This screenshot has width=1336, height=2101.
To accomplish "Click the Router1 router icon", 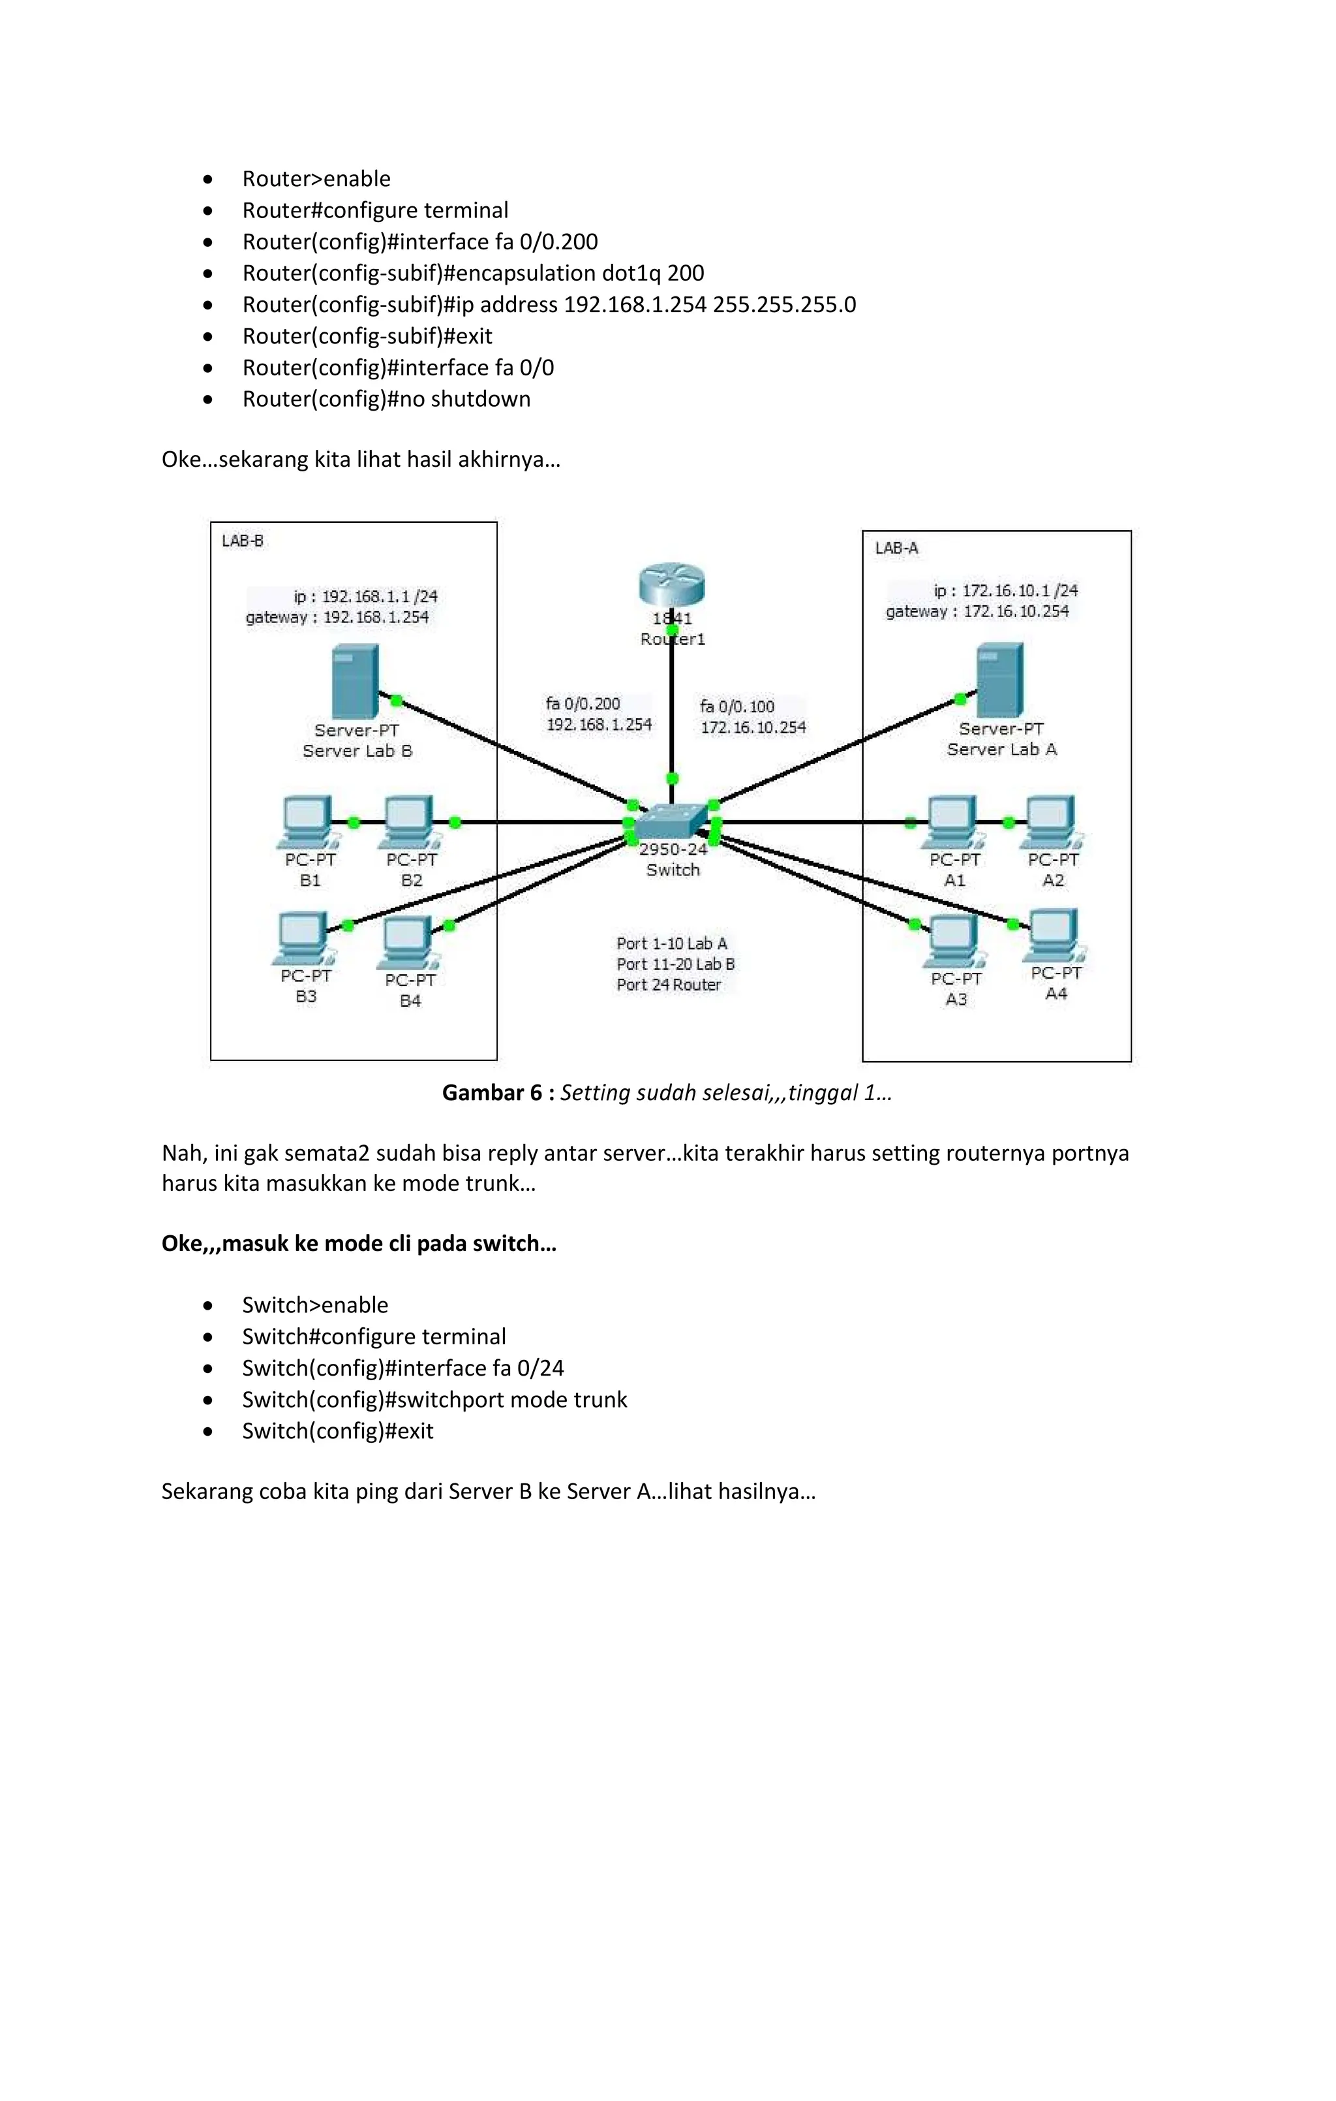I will pyautogui.click(x=671, y=584).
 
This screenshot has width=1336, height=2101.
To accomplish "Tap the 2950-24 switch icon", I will pyautogui.click(x=670, y=820).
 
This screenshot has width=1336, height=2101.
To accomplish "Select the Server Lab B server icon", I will pyautogui.click(x=355, y=682).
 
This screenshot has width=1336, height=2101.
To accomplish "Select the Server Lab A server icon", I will pyautogui.click(x=999, y=680).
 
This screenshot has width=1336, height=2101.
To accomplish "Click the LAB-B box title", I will pyautogui.click(x=243, y=541).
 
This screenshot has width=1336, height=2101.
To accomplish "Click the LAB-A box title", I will pyautogui.click(x=896, y=548).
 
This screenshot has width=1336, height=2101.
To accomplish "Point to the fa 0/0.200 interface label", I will pyautogui.click(x=583, y=703).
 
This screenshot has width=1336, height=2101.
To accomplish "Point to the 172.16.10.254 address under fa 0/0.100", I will pyautogui.click(x=753, y=727).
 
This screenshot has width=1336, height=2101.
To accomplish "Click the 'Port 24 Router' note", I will pyautogui.click(x=669, y=984).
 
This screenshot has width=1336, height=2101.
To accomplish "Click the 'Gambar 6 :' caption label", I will pyautogui.click(x=498, y=1092).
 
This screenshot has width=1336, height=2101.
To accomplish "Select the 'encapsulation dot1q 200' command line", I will pyautogui.click(x=473, y=273).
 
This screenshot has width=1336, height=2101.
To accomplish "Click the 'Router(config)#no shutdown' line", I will pyautogui.click(x=386, y=399).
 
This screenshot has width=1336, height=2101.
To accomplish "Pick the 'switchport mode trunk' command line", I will pyautogui.click(x=434, y=1400).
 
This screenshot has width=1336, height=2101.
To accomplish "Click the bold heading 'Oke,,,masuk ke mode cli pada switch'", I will pyautogui.click(x=358, y=1243).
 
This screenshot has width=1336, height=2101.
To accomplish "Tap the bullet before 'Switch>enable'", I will pyautogui.click(x=207, y=1305).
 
